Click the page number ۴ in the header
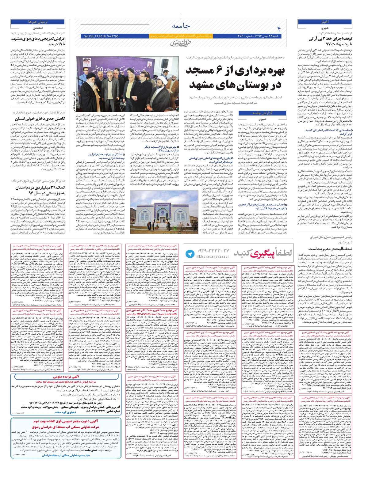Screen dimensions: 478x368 279,29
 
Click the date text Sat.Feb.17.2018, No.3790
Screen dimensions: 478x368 101,36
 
